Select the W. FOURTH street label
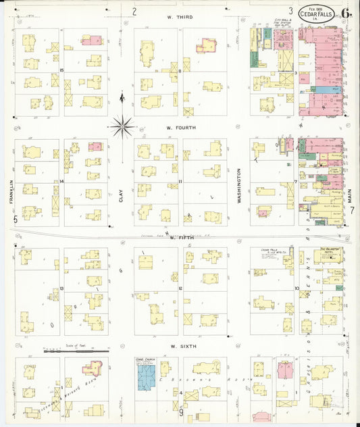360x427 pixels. coord(181,126)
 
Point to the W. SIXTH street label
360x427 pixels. coord(182,345)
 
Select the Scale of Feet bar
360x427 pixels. coord(76,351)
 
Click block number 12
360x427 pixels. coord(180,288)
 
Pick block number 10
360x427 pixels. coord(297,288)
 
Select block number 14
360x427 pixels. coord(61,182)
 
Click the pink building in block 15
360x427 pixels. coord(91,40)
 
